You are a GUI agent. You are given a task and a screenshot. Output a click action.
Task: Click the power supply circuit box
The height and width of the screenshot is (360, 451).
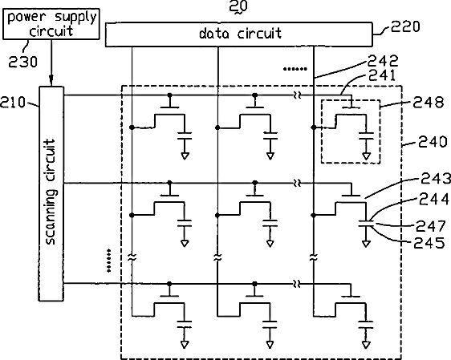tap(51, 24)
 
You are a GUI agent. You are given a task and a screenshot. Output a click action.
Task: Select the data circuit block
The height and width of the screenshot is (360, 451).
tap(238, 34)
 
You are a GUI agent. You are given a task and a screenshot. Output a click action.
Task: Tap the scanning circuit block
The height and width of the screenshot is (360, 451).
tap(51, 194)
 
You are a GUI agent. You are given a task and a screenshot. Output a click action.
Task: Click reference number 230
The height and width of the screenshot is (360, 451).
tap(22, 62)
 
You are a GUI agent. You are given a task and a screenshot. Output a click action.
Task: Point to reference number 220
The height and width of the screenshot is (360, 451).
tap(405, 26)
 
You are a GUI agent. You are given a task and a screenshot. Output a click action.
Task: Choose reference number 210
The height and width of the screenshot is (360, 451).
tap(13, 103)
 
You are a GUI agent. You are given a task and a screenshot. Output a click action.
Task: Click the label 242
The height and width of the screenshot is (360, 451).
tap(383, 61)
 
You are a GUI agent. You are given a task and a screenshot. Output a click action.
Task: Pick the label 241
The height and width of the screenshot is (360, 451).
tap(382, 75)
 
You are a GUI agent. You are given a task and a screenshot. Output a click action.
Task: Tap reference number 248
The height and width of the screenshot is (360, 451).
tap(429, 103)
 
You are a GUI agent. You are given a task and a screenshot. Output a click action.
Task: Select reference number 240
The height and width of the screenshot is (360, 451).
tap(433, 142)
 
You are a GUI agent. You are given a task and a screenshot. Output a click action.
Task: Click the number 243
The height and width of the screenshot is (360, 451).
tap(436, 179)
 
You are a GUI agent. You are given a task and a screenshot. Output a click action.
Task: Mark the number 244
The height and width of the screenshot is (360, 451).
tap(433, 199)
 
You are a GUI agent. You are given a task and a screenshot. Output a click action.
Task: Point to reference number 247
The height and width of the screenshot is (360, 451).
tap(431, 226)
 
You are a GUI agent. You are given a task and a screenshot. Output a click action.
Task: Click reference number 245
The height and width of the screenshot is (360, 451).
tap(429, 243)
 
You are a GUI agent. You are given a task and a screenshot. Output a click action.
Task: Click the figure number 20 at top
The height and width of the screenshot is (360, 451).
tap(238, 6)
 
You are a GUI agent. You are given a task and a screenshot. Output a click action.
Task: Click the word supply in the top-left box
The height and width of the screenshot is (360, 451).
tap(76, 18)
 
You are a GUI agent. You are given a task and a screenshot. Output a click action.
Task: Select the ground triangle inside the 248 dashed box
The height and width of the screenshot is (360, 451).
tap(366, 156)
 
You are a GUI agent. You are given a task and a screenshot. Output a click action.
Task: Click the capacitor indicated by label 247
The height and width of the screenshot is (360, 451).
tap(366, 224)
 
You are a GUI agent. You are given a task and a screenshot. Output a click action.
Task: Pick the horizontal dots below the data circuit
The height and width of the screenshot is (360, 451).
tap(295, 69)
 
